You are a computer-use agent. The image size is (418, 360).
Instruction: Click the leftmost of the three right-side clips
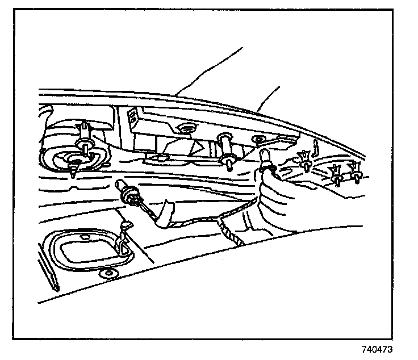(x=307, y=161)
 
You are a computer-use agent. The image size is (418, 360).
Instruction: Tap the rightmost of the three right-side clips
(x=356, y=172)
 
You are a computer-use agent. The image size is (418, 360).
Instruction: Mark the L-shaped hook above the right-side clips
(x=316, y=149)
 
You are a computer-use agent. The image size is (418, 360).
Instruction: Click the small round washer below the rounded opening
(x=108, y=275)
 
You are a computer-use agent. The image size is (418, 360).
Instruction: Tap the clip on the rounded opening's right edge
(x=123, y=234)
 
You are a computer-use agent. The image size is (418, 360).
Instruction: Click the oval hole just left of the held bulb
(x=259, y=139)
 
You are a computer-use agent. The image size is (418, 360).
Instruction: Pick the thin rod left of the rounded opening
(x=47, y=265)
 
